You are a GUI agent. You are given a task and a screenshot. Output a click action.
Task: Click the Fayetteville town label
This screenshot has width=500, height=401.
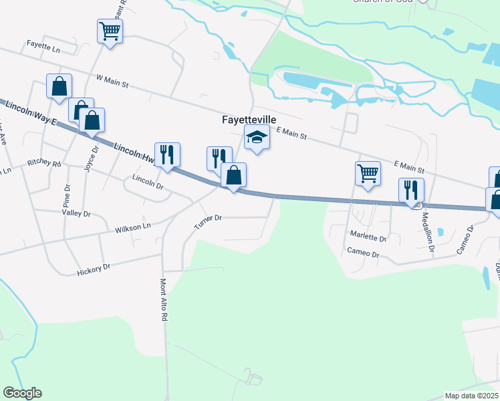249,120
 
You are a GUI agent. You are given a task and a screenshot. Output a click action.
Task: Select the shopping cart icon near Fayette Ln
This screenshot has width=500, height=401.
110,31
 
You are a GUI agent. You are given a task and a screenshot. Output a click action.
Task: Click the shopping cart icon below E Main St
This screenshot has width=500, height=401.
368,173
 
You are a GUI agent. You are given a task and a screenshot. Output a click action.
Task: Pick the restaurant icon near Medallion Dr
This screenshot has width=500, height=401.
411,190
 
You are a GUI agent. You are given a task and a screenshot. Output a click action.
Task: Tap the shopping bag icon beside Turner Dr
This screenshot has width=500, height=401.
233,176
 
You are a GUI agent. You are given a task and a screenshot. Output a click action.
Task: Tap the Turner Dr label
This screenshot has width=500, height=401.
207,221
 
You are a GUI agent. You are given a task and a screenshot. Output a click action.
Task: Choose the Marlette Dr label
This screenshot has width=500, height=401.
368,238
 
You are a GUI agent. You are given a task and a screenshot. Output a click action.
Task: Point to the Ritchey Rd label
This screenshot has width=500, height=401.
44,163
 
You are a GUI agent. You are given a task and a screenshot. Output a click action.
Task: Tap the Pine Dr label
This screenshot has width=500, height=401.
66,194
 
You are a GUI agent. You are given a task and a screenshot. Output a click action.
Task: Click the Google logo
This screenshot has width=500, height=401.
22,393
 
